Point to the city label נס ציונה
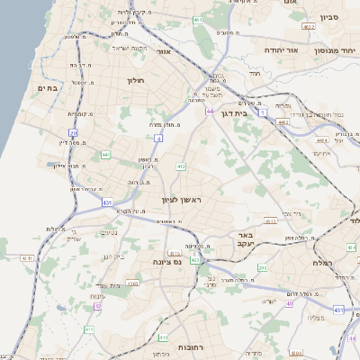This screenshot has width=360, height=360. pos(157,263)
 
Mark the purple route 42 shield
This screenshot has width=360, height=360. pos(97,306)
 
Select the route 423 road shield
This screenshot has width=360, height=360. pos(195,261)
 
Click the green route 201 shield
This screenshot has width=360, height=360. pos(262,267)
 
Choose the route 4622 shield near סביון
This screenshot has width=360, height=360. pos(309,27)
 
